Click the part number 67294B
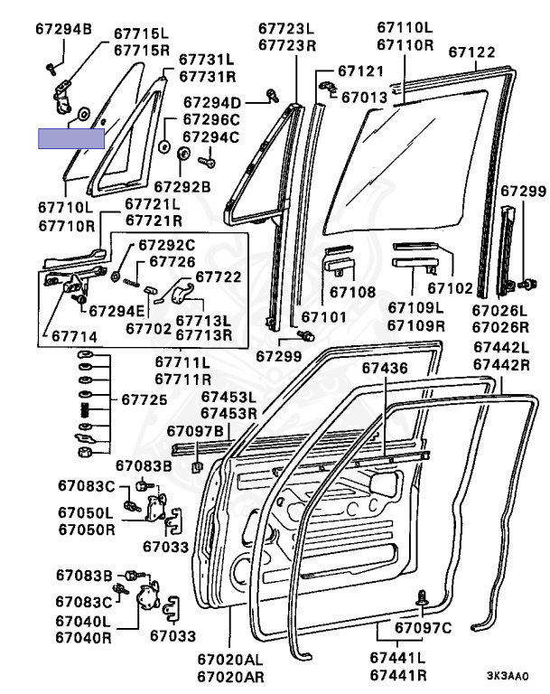pyautogui.click(x=63, y=30)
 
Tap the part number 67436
pyautogui.click(x=386, y=368)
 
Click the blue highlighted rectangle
pyautogui.click(x=71, y=137)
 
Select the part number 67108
pyautogui.click(x=352, y=292)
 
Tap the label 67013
pyautogui.click(x=366, y=96)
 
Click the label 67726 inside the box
pyautogui.click(x=172, y=261)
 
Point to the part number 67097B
pyautogui.click(x=195, y=430)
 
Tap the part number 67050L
pyautogui.click(x=86, y=512)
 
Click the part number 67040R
pyautogui.click(x=83, y=637)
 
